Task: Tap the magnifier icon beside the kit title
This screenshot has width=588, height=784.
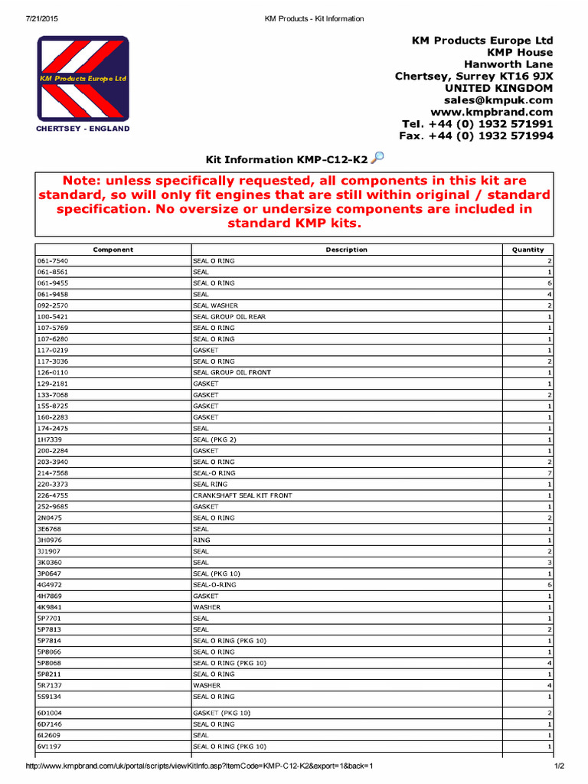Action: coord(377,158)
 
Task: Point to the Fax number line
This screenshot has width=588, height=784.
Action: coord(475,136)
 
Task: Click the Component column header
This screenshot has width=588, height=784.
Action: coord(113,250)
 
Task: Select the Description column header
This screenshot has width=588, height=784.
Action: coord(346,250)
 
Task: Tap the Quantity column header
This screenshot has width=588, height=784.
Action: coord(528,250)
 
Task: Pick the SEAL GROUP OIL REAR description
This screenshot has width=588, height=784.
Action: coord(229,316)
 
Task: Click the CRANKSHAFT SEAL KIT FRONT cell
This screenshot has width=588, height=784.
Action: coord(242,495)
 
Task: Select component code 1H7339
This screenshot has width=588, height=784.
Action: coord(50,439)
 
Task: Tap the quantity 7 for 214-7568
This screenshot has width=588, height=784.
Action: coord(550,473)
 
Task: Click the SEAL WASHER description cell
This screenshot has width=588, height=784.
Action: coord(215,305)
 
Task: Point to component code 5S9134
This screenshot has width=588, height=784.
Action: coord(49,697)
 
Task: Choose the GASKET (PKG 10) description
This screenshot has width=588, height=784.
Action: coord(221,713)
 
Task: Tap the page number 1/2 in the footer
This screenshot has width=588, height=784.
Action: coord(559,766)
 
